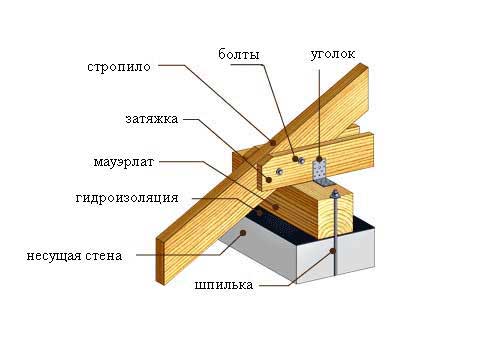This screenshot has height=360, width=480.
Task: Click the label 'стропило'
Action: point(117,67)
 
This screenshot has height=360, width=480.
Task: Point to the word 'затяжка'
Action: point(152,119)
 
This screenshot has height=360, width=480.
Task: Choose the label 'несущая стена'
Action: point(75,255)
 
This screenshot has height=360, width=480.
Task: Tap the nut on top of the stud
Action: point(336,195)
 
